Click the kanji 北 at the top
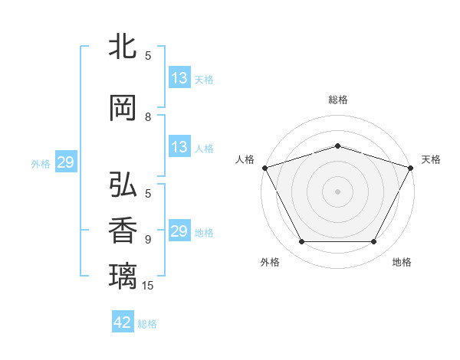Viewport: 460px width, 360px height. tap(123, 47)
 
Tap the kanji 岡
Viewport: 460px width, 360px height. tap(123, 108)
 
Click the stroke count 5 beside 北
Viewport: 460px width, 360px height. tap(148, 56)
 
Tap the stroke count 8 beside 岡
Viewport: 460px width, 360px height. tap(148, 117)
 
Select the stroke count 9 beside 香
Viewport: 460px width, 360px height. tap(148, 240)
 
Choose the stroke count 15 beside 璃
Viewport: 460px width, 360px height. tap(148, 286)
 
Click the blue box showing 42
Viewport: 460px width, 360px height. tap(123, 322)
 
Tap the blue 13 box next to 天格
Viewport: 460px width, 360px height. tap(179, 78)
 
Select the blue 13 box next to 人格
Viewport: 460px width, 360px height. tap(179, 147)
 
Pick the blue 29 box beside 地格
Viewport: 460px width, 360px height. tap(179, 231)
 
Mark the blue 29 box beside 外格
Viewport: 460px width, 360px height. tap(65, 162)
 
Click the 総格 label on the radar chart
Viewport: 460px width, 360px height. tap(337, 100)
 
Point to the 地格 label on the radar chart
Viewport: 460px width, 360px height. tap(402, 262)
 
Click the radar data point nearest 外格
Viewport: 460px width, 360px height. tap(301, 242)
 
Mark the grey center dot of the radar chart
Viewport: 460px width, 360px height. tap(337, 191)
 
